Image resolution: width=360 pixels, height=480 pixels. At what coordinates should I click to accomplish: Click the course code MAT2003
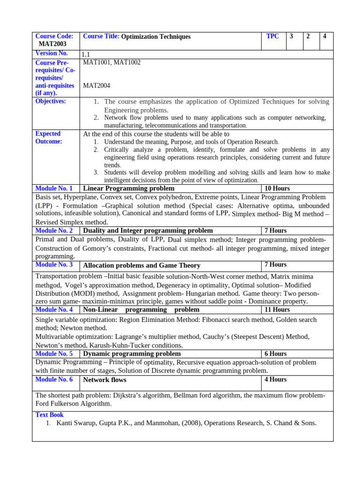pyautogui.click(x=51, y=44)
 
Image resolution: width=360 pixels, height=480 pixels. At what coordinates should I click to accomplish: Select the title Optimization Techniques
pyautogui.click(x=156, y=37)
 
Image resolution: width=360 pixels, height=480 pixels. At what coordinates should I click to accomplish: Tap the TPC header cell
pyautogui.click(x=272, y=36)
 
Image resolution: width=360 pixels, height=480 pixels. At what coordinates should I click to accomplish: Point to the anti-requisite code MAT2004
pyautogui.click(x=96, y=85)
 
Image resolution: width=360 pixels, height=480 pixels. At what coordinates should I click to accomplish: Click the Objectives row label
pyautogui.click(x=51, y=101)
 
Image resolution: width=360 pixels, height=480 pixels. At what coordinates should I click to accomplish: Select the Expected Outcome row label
pyautogui.click(x=49, y=137)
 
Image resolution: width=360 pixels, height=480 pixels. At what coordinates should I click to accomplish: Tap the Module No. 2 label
pyautogui.click(x=54, y=231)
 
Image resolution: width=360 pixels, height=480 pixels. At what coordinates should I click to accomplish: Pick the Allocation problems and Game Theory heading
pyautogui.click(x=142, y=265)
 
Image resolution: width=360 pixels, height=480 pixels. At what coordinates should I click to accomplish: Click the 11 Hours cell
pyautogui.click(x=277, y=310)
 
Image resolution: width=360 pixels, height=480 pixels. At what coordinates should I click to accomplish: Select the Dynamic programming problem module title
pyautogui.click(x=132, y=354)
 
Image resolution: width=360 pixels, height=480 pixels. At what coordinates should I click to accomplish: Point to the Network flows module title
pyautogui.click(x=105, y=380)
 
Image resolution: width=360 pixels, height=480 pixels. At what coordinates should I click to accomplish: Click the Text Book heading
pyautogui.click(x=50, y=415)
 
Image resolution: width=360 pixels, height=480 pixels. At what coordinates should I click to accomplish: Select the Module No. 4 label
pyautogui.click(x=54, y=310)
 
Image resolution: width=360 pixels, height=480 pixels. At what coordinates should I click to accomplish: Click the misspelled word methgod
pyautogui.click(x=48, y=285)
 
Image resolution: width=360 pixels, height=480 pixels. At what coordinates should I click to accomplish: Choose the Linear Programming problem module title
pyautogui.click(x=128, y=188)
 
